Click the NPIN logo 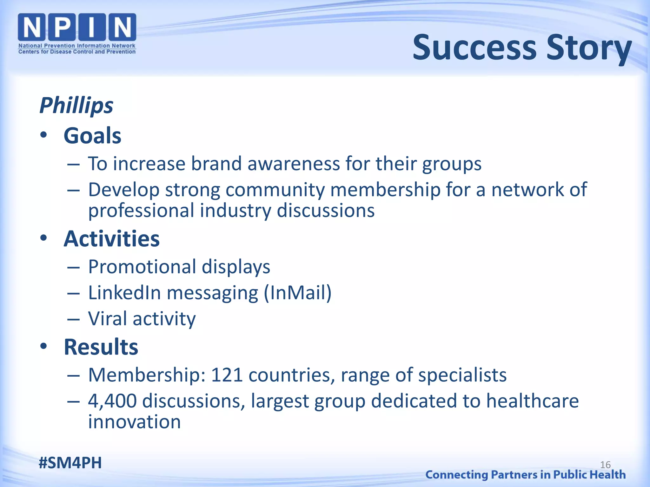77,34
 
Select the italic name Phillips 76,106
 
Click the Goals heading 92,136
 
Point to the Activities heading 112,239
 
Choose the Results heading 101,347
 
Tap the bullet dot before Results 43,346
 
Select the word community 275,190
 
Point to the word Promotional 142,267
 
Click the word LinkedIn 124,293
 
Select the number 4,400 112,401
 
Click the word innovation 134,422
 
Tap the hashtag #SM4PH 70,463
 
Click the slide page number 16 605,465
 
